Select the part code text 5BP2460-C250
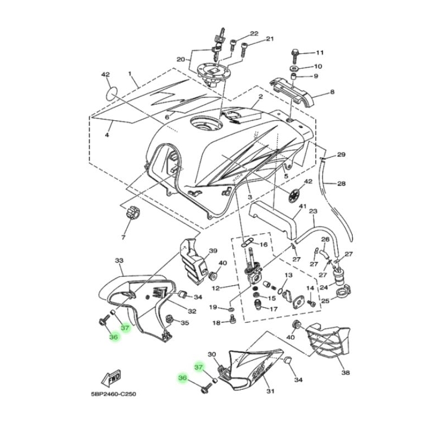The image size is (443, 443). click(114, 395)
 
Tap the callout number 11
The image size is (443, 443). click(319, 53)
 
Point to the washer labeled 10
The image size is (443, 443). click(294, 66)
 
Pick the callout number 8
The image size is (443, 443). click(332, 92)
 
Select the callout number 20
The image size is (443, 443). click(180, 59)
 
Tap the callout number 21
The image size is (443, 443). click(270, 39)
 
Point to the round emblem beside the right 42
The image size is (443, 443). click(297, 195)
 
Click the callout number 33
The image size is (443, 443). click(118, 260)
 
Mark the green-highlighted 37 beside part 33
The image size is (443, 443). click(126, 328)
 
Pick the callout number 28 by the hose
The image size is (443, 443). click(341, 183)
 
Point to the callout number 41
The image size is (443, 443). click(303, 207)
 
